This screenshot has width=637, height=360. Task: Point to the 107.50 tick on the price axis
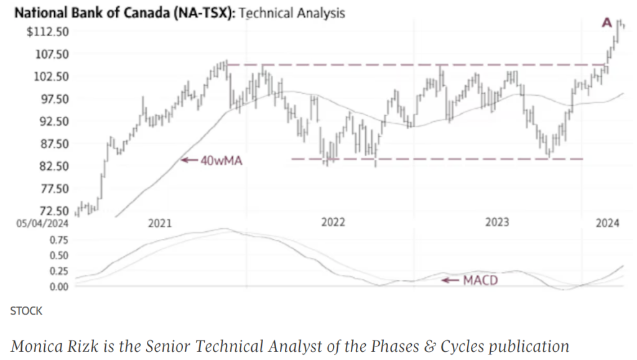click(51, 54)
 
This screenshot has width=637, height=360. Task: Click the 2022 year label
click(333, 223)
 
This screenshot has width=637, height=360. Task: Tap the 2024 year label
click(607, 223)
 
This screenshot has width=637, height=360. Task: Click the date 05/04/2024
click(42, 223)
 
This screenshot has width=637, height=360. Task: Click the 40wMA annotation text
click(220, 160)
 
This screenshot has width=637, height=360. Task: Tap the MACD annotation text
click(480, 281)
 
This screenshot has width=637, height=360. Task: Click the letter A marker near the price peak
click(607, 23)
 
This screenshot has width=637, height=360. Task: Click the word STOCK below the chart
click(26, 311)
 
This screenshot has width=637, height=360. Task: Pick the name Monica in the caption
click(34, 346)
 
